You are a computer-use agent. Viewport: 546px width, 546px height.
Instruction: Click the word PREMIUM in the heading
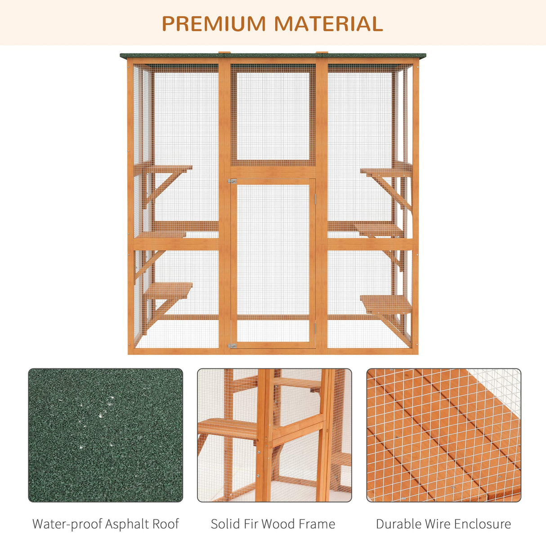(214, 24)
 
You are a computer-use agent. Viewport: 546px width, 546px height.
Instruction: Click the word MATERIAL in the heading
(328, 24)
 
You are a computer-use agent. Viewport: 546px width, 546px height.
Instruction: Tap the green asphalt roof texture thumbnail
(105, 435)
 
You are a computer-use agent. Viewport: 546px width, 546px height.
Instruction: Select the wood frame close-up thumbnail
(274, 435)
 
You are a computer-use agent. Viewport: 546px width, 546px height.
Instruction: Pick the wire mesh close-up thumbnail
(443, 435)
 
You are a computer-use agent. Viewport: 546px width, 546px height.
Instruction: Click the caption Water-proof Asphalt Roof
(105, 524)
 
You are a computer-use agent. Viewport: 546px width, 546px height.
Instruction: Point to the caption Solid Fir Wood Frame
(273, 524)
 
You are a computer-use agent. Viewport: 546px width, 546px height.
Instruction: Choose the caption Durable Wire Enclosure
(443, 524)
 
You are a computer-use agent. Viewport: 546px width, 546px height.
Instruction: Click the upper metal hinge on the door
(232, 181)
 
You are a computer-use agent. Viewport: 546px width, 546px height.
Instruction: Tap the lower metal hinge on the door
(232, 346)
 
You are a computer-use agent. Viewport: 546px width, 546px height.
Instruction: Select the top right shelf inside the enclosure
(386, 171)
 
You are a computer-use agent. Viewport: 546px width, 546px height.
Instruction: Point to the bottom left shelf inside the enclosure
(168, 290)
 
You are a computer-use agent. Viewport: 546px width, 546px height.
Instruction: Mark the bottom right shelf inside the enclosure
(386, 304)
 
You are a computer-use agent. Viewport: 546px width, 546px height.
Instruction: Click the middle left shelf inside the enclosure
(161, 234)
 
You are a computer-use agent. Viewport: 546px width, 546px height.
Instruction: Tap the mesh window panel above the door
(273, 116)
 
